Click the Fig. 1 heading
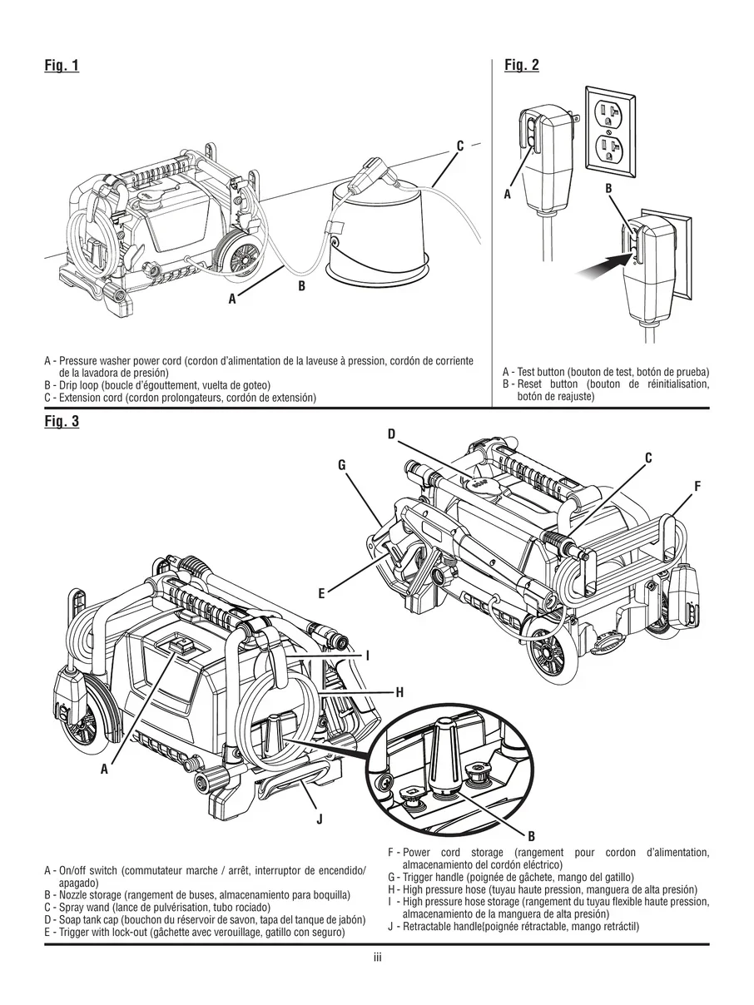pyautogui.click(x=62, y=66)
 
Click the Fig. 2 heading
pyautogui.click(x=522, y=66)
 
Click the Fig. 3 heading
pyautogui.click(x=62, y=421)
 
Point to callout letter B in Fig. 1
pyautogui.click(x=301, y=286)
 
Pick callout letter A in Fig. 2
pyautogui.click(x=507, y=194)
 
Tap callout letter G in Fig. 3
pyautogui.click(x=341, y=466)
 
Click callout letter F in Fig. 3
pyautogui.click(x=697, y=485)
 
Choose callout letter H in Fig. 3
pyautogui.click(x=399, y=691)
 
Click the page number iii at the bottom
pyautogui.click(x=377, y=958)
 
